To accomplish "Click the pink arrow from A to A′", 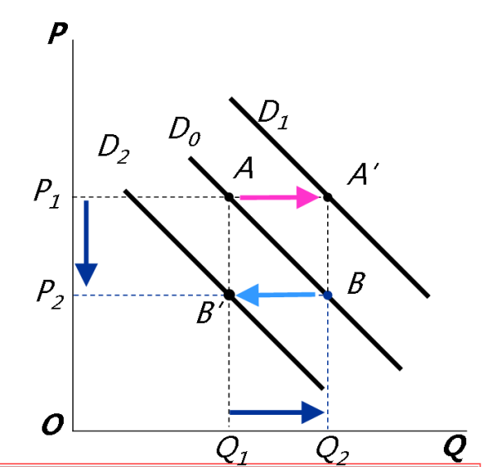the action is pos(280,197).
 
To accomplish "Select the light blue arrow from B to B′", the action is pos(275,295).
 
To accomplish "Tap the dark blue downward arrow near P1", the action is pos(86,243).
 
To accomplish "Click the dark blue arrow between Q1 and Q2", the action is pos(277,412).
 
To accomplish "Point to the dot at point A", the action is pos(229,197).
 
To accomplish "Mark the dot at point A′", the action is pos(328,197).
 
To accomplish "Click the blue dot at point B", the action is pos(328,296).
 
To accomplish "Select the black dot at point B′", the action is pos(229,295).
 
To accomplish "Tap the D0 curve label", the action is pos(185,131).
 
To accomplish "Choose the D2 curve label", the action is pos(113,150).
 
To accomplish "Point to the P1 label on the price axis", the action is pos(47,194).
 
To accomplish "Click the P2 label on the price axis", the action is pos(51,295).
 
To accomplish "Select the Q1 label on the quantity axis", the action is pos(232,452).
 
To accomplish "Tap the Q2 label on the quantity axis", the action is pos(332,452).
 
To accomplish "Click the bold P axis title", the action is pos(58,33).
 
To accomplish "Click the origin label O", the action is pos(53,425).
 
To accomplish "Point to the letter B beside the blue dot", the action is pos(356,283).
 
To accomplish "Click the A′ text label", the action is pos(363,175).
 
